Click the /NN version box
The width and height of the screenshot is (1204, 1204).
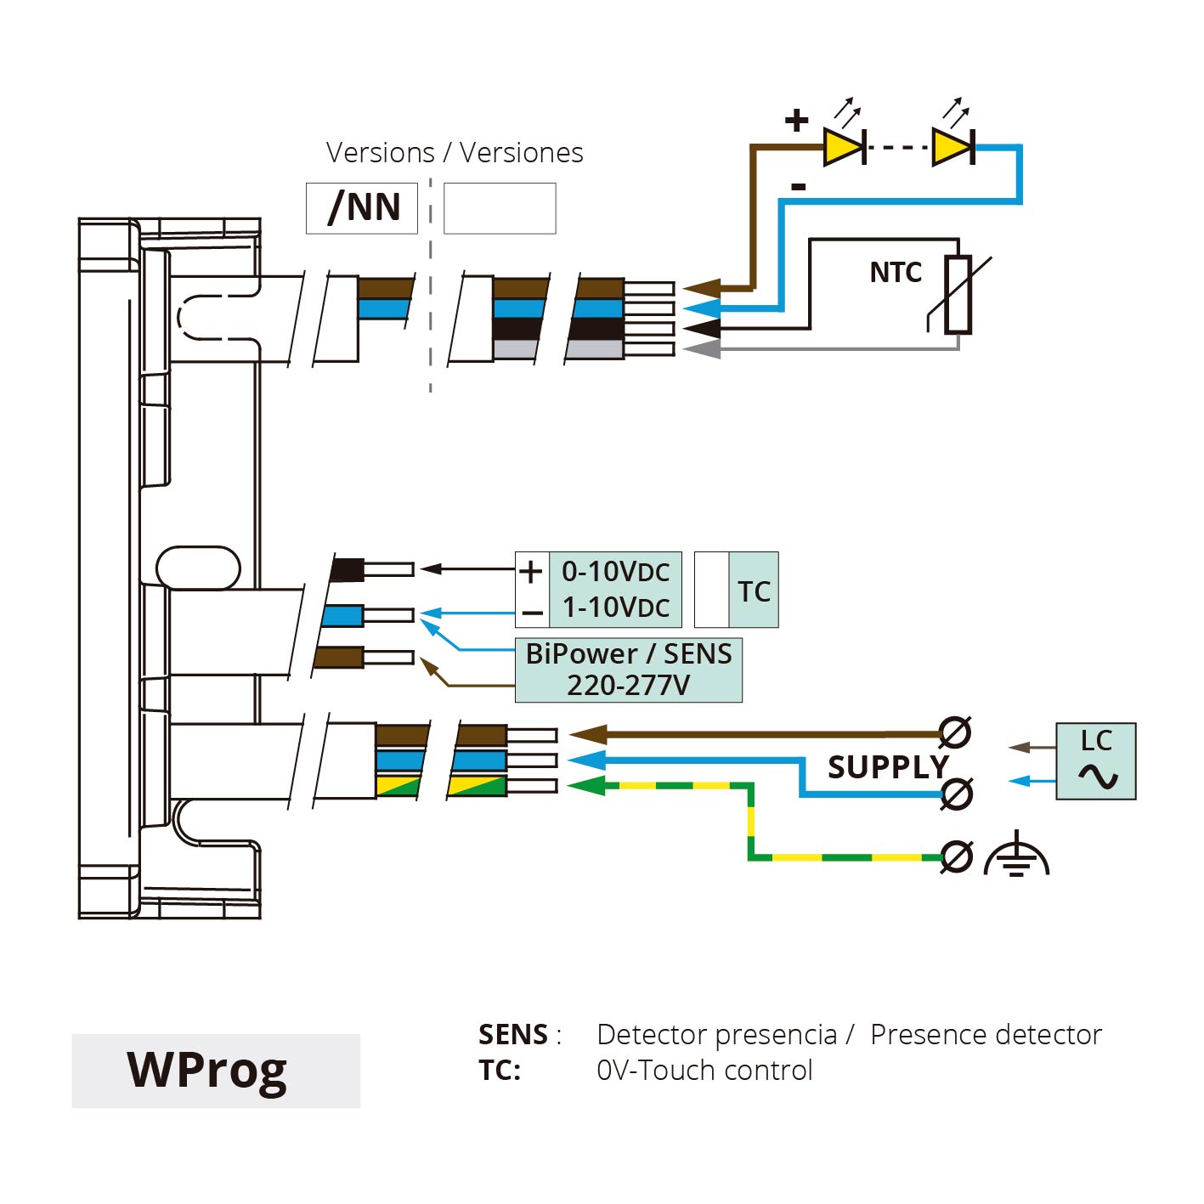[x=362, y=208]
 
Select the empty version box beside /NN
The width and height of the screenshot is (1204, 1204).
[x=500, y=208]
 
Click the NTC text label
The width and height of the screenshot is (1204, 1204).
[x=896, y=273]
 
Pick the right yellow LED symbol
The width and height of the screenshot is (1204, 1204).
[x=952, y=147]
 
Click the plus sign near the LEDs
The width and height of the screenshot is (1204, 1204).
[x=796, y=120]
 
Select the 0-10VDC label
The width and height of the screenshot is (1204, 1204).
[x=616, y=572]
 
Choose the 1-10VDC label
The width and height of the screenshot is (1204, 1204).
[x=616, y=608]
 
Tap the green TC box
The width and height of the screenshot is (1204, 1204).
[x=754, y=591]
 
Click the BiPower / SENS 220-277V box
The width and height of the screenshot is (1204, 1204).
[x=629, y=670]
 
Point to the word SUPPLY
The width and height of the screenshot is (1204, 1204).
[x=888, y=766]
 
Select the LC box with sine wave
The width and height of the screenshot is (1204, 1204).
[x=1096, y=761]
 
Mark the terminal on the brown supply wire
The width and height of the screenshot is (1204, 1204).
[x=955, y=732]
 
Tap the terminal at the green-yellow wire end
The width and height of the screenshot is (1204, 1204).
[x=957, y=856]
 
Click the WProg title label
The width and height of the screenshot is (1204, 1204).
[x=207, y=1071]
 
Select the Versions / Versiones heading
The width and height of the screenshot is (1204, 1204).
[x=455, y=153]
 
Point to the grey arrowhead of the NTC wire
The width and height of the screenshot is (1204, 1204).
[x=701, y=348]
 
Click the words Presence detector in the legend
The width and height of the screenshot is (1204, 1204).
[x=986, y=1035]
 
